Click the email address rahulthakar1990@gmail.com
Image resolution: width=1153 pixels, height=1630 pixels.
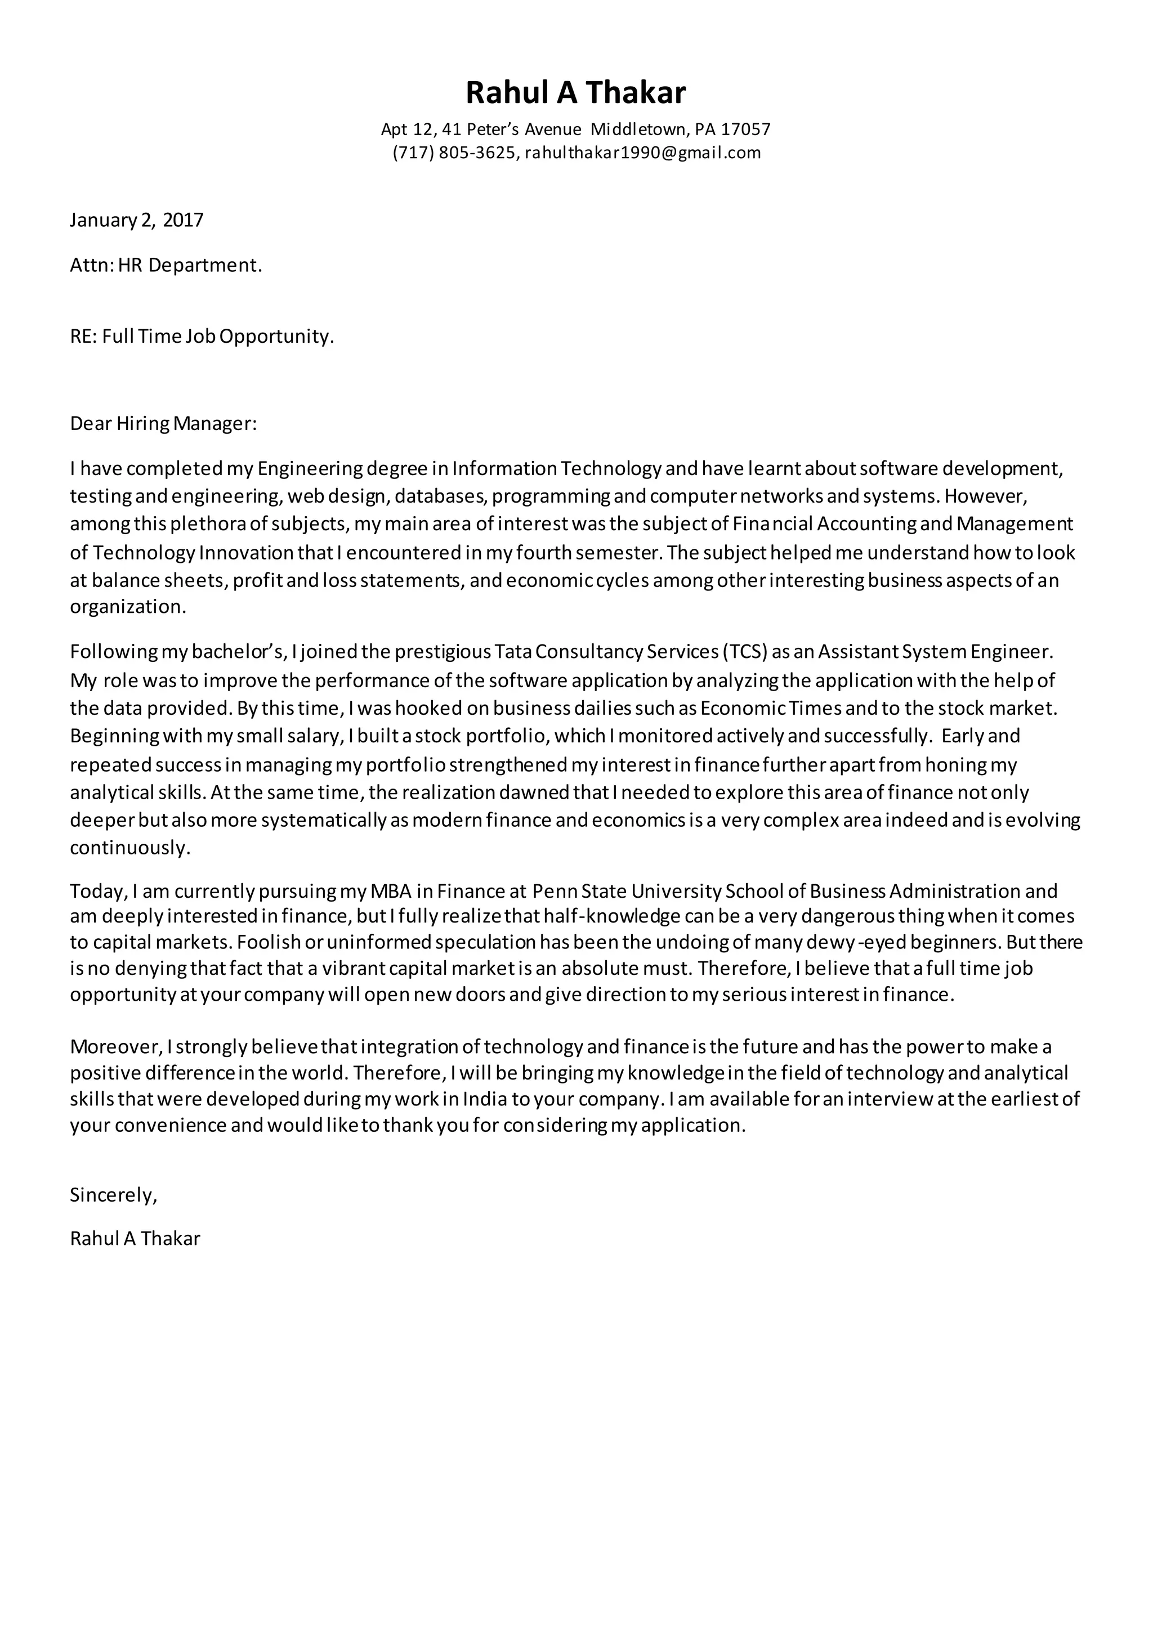click(642, 153)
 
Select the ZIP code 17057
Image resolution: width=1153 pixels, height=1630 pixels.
click(745, 129)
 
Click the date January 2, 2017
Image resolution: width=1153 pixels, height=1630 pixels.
click(136, 220)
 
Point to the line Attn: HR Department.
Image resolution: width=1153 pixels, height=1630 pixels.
click(166, 266)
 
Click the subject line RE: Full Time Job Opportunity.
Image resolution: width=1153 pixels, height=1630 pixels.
click(202, 337)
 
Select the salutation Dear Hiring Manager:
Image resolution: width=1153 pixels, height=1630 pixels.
click(163, 424)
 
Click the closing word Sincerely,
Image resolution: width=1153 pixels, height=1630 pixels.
click(113, 1195)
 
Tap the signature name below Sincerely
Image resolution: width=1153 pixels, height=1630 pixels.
click(135, 1239)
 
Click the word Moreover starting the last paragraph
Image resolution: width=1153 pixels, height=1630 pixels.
click(116, 1046)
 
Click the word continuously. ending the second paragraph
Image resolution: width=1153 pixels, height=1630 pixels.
click(130, 848)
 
